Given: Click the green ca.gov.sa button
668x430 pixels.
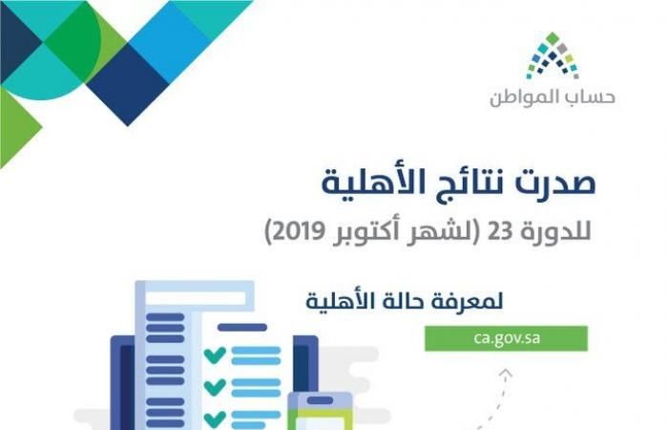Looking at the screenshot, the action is tap(506, 338).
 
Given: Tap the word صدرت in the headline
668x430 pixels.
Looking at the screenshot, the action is tap(555, 183).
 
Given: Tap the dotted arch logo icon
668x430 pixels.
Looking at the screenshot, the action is tap(553, 55).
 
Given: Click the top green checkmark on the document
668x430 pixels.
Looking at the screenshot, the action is tap(215, 355).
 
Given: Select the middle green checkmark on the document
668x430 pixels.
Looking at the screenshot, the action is tap(215, 386).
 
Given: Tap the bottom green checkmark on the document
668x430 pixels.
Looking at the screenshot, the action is tap(215, 419).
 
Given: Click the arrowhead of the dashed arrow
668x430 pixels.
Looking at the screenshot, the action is tap(506, 375).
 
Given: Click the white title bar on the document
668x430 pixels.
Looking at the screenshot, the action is tap(196, 298).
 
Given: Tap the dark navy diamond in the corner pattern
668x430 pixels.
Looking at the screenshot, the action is tap(128, 84).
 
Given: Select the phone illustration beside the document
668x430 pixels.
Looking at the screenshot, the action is tap(321, 411).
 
